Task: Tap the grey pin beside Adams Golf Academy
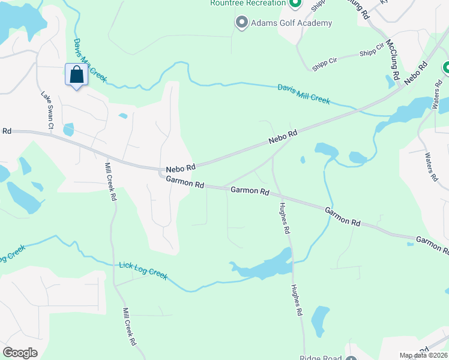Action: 241,23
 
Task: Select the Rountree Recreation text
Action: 248,4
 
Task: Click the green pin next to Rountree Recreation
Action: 295,4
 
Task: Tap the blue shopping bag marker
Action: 76,76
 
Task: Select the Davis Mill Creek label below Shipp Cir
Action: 304,94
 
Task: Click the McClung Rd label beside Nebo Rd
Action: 393,60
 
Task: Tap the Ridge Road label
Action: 321,358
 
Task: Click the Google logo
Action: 20,353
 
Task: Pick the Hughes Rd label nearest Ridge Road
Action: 297,301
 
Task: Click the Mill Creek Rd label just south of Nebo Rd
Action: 110,182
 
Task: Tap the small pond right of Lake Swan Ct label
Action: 68,130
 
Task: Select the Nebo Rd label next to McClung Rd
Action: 415,73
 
